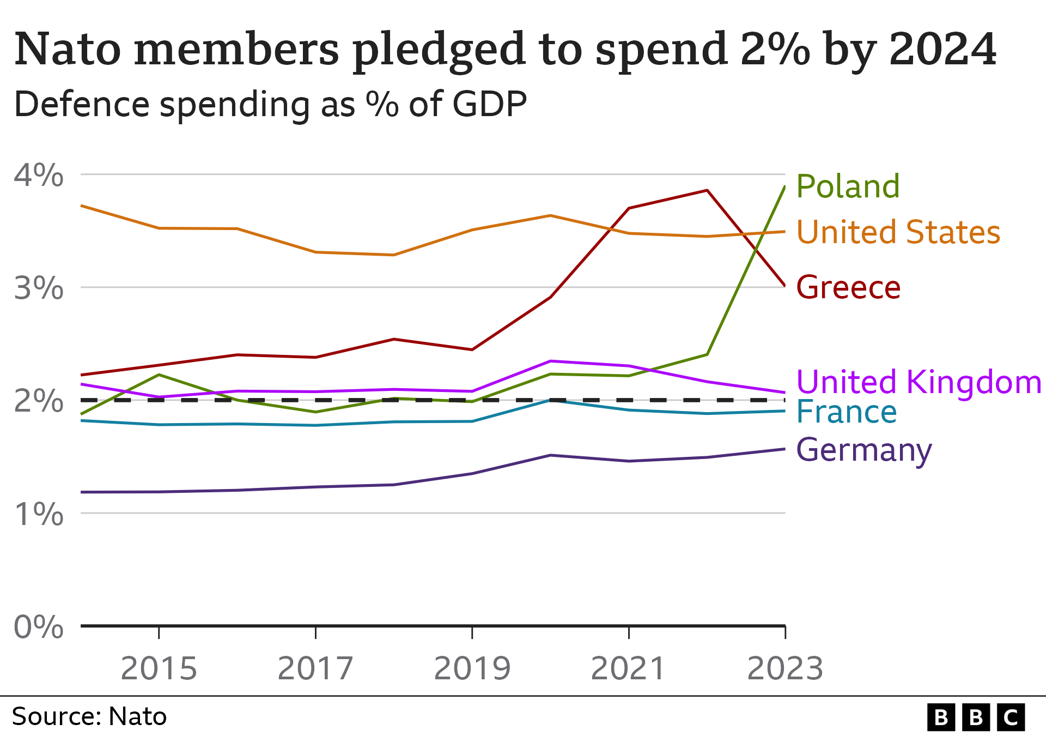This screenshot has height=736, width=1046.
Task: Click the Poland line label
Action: [848, 186]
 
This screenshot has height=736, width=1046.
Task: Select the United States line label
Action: [898, 232]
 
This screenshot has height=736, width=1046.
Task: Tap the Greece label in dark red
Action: [848, 288]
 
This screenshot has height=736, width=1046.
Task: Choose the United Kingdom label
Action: [919, 382]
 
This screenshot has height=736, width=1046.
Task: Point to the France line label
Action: [846, 412]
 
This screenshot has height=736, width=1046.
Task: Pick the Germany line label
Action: [864, 450]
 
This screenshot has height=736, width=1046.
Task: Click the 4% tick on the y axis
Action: [38, 176]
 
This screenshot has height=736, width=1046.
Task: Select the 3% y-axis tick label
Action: [38, 288]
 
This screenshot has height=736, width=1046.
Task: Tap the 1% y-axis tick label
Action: [38, 514]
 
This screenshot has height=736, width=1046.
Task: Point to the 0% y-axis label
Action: [38, 627]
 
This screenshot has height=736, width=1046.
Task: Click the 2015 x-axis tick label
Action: [159, 668]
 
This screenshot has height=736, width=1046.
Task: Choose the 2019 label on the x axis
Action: [472, 668]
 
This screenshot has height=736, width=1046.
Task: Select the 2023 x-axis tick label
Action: [785, 668]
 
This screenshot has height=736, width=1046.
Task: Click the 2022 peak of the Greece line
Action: [707, 190]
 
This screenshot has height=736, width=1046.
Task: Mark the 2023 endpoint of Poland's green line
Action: [784, 187]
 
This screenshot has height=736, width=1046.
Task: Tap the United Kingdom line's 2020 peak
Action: [551, 361]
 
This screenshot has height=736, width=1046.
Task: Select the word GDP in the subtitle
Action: [489, 104]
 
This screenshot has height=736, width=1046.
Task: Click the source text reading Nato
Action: [137, 716]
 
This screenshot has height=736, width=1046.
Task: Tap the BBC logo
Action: [976, 717]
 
